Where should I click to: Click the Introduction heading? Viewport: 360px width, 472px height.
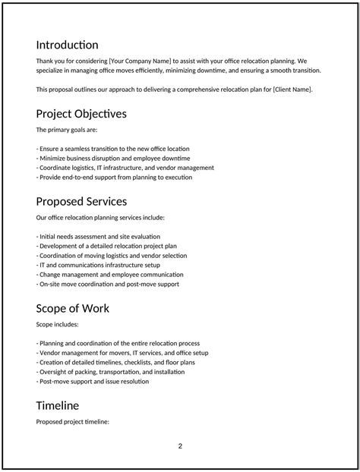point(67,45)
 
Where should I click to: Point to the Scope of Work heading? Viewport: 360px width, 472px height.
point(72,308)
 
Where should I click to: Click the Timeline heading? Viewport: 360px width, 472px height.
point(57,405)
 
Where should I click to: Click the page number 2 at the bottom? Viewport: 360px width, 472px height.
point(180,445)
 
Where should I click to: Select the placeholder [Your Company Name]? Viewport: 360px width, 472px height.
point(140,60)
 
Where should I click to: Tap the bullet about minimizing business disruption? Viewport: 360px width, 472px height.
point(113,158)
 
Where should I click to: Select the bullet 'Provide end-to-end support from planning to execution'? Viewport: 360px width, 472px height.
point(114,178)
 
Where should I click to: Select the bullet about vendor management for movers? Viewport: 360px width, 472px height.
point(122,352)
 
